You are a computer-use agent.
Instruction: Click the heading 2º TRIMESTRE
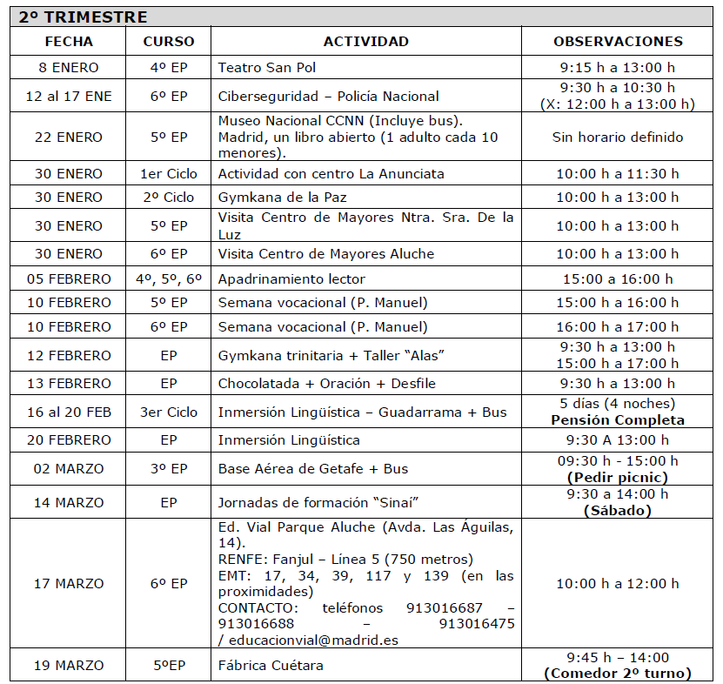(84, 17)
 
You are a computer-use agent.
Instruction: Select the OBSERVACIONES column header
(618, 41)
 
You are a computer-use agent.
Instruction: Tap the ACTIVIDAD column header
(365, 41)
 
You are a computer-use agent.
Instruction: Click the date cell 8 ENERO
(69, 68)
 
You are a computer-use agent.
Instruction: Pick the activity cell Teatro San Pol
(267, 68)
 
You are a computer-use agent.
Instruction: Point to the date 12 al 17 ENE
(69, 97)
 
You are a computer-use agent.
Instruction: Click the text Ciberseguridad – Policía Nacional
(328, 97)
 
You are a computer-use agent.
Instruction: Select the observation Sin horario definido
(618, 137)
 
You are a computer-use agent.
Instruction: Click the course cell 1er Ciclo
(169, 174)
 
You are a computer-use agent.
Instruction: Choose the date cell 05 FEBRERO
(69, 279)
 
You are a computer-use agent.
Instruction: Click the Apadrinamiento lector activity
(291, 279)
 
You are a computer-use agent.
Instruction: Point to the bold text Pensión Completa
(618, 420)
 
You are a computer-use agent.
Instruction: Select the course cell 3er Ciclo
(169, 412)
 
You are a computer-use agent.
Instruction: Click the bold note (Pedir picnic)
(618, 477)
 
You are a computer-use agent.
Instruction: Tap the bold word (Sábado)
(618, 511)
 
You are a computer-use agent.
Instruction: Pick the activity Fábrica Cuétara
(270, 666)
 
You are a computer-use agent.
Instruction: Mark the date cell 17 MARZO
(69, 584)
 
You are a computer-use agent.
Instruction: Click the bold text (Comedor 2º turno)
(618, 674)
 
